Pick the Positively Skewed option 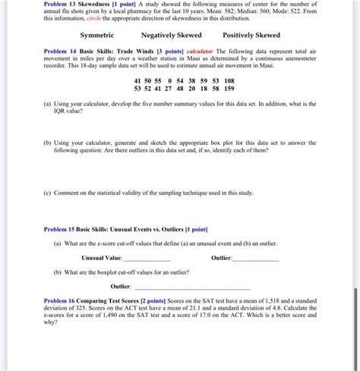(x=251, y=36)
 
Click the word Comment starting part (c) (x=70, y=193)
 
